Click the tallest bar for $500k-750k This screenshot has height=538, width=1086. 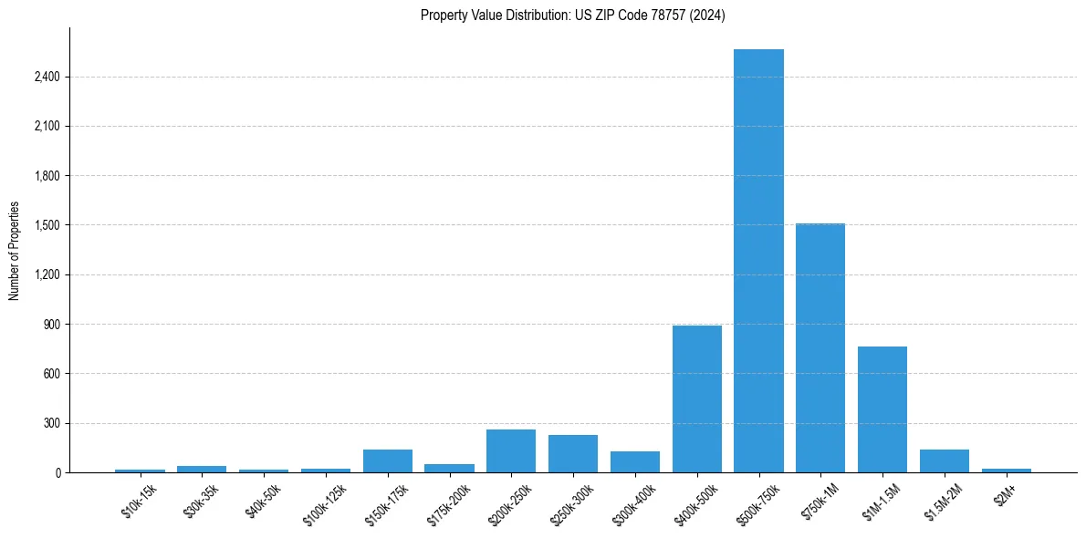[x=758, y=261]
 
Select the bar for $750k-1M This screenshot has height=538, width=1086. [x=820, y=347]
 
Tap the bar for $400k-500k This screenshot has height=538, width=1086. [x=697, y=398]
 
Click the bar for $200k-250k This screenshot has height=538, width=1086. [x=511, y=450]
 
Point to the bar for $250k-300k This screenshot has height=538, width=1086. [x=573, y=453]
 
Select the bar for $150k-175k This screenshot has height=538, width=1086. [x=388, y=460]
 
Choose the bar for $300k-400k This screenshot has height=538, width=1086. [x=635, y=461]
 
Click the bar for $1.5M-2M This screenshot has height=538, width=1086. [x=945, y=460]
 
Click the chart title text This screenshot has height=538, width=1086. [x=573, y=16]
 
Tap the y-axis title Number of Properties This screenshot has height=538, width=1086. [x=15, y=250]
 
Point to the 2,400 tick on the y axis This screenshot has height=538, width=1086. [x=47, y=77]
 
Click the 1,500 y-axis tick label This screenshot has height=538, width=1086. [x=47, y=225]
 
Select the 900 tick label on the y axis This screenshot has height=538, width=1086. [x=51, y=324]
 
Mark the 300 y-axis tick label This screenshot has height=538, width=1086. [x=51, y=423]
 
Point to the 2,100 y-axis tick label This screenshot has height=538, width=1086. [x=47, y=126]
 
